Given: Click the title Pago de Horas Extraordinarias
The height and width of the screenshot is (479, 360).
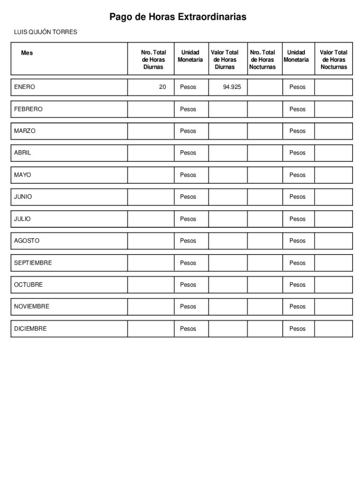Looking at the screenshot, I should (178, 17).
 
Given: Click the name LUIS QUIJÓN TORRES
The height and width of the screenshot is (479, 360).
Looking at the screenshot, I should (45, 32).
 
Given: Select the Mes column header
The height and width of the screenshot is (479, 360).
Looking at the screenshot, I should (27, 53).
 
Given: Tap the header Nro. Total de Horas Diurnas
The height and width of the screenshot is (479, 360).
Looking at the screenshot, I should (153, 60).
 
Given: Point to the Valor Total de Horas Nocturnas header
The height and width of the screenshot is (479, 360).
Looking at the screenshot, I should (333, 60).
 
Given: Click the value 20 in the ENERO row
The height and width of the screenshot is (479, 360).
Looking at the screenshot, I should (162, 87).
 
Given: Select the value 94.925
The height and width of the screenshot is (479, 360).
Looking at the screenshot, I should (232, 87).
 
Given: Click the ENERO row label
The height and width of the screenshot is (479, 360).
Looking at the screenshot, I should (24, 87).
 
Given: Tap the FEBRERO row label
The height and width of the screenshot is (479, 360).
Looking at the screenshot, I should (28, 109).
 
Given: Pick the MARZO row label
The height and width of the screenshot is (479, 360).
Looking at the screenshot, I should (25, 131).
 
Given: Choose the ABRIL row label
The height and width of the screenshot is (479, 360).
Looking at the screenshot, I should (22, 153).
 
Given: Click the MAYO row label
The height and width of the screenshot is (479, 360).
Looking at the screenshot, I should (22, 175).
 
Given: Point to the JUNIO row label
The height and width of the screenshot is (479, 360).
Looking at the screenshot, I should (23, 197).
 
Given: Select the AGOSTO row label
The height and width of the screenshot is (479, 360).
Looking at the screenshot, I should (27, 241).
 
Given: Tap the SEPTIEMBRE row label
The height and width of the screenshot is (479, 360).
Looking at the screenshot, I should (33, 263).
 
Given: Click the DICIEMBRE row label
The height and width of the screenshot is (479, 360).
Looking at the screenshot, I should (30, 329).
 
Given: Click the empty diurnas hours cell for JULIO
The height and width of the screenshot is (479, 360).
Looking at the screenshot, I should (151, 219).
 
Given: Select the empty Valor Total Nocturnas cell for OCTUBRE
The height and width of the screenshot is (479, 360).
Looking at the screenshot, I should (333, 285).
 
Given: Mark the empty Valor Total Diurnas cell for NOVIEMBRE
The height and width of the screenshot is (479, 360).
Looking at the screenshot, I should (228, 307).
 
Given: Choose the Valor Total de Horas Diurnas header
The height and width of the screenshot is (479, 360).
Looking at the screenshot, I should (224, 60).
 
